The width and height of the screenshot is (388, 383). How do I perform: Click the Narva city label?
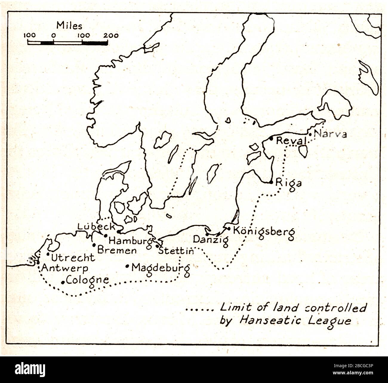point(331,134)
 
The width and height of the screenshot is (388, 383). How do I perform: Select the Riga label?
point(289,183)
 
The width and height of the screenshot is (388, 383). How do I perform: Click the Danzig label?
point(211,240)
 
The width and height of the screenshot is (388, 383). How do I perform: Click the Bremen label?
point(117,250)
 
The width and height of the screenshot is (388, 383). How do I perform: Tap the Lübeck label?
point(96,227)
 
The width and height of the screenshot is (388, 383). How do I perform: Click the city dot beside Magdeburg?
point(127,266)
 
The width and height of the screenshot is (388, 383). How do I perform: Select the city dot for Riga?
point(271,182)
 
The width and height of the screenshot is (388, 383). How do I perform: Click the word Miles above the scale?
point(69,25)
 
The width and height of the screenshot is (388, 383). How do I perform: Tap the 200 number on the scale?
point(111,36)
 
